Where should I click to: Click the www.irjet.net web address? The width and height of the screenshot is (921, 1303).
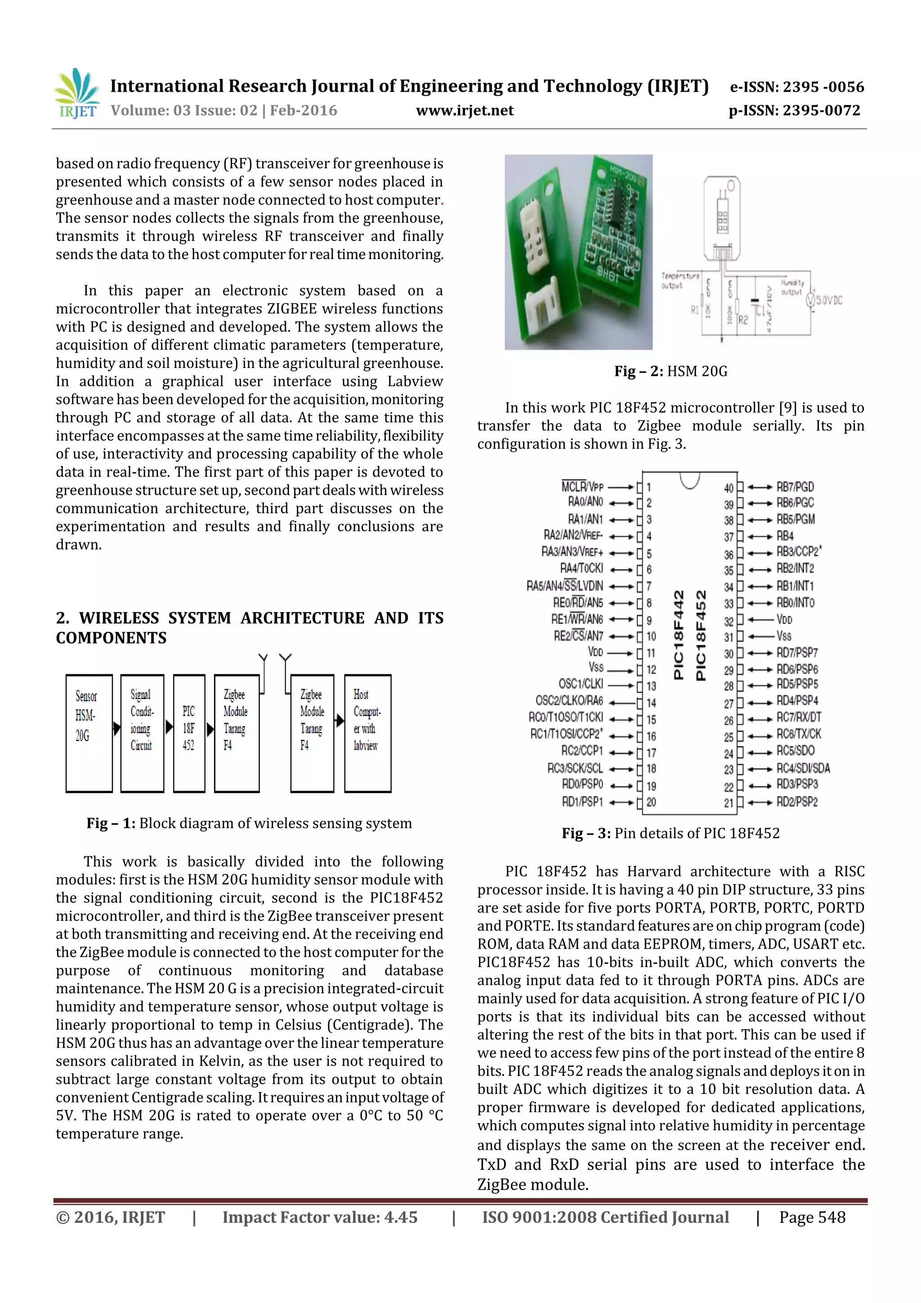(x=464, y=111)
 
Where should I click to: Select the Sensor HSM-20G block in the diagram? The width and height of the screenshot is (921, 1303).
(x=89, y=733)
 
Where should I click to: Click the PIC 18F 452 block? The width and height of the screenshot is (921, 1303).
(x=189, y=733)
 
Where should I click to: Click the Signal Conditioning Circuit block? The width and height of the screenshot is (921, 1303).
(x=142, y=733)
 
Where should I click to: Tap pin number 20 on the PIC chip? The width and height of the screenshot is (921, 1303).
(x=651, y=802)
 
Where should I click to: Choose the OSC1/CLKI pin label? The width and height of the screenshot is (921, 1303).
(x=581, y=684)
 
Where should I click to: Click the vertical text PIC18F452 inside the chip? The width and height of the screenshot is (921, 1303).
(x=701, y=636)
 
